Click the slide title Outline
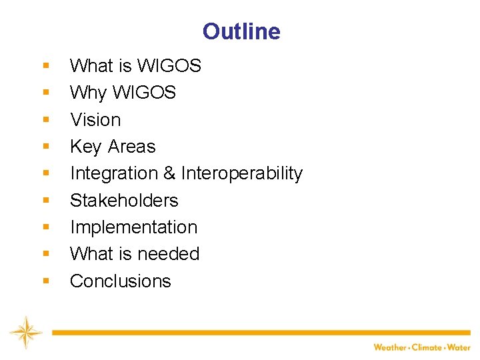pyautogui.click(x=241, y=31)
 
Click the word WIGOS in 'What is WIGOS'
pyautogui.click(x=169, y=66)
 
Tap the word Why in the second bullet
pyautogui.click(x=88, y=93)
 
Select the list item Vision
pyautogui.click(x=95, y=120)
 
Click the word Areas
pyautogui.click(x=131, y=147)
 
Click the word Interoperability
pyautogui.click(x=241, y=173)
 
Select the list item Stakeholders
pyautogui.click(x=124, y=201)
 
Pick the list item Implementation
pyautogui.click(x=133, y=227)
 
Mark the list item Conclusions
pyautogui.click(x=120, y=281)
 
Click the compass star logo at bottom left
pyautogui.click(x=25, y=332)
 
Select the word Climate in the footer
pyautogui.click(x=427, y=347)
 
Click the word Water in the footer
pyautogui.click(x=459, y=347)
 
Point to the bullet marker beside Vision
pyautogui.click(x=45, y=120)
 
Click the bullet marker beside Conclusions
pyautogui.click(x=45, y=281)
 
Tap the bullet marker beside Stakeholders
pyautogui.click(x=45, y=201)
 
